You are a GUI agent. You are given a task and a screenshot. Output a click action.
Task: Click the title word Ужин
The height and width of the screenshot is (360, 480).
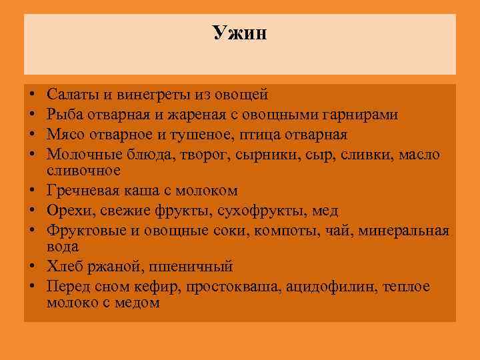click(240, 33)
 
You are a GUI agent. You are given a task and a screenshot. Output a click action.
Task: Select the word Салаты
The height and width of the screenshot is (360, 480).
click(72, 97)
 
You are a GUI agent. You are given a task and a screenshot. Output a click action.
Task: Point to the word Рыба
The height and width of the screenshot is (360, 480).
click(65, 116)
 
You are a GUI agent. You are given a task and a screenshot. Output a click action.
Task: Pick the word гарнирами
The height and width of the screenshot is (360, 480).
click(363, 116)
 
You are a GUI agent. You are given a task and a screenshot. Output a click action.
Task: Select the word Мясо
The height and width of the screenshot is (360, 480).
click(67, 135)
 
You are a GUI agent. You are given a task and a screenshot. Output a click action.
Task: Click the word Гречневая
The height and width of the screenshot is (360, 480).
click(84, 191)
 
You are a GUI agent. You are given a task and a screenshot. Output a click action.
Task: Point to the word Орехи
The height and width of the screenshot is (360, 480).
click(68, 211)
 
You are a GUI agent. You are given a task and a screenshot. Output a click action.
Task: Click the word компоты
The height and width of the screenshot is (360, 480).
click(292, 230)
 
